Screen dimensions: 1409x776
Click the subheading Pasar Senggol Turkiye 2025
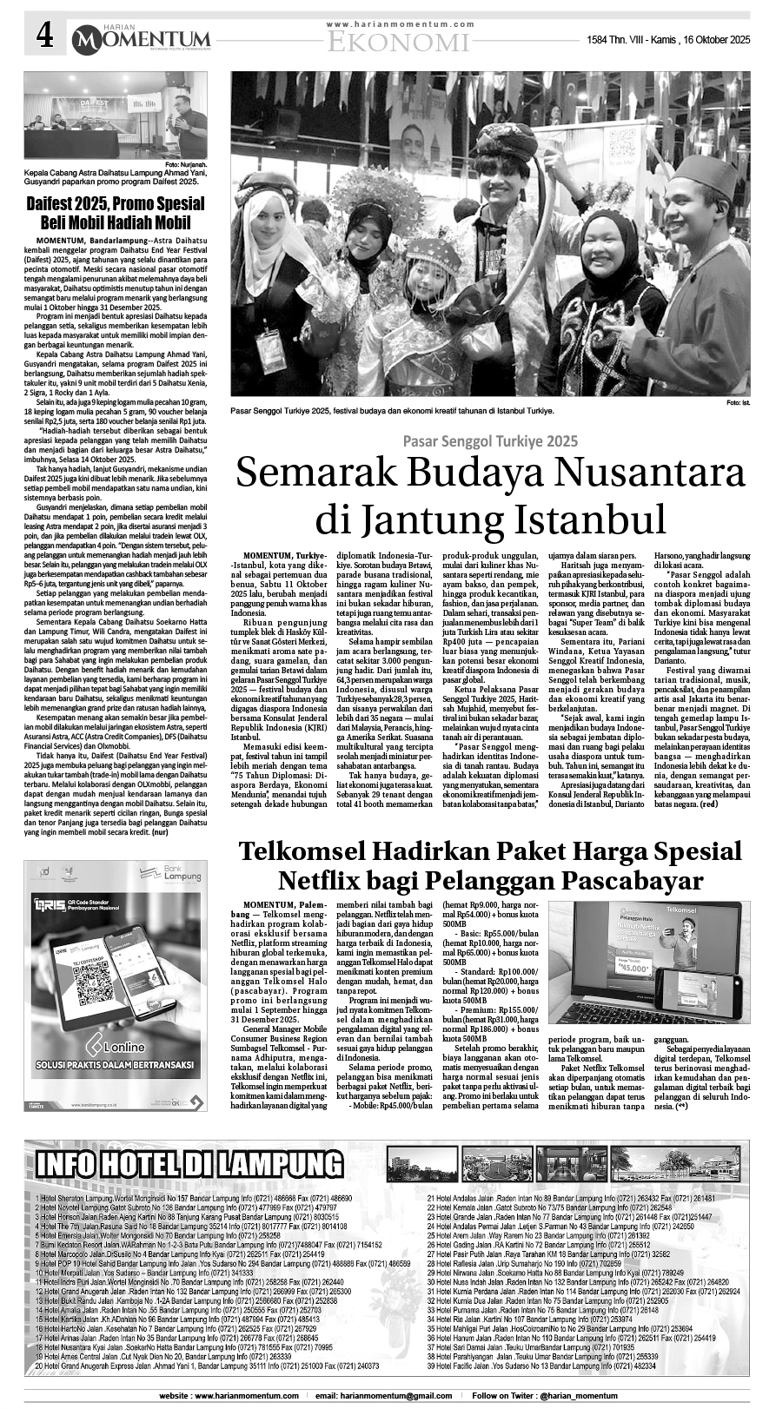(489, 440)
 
